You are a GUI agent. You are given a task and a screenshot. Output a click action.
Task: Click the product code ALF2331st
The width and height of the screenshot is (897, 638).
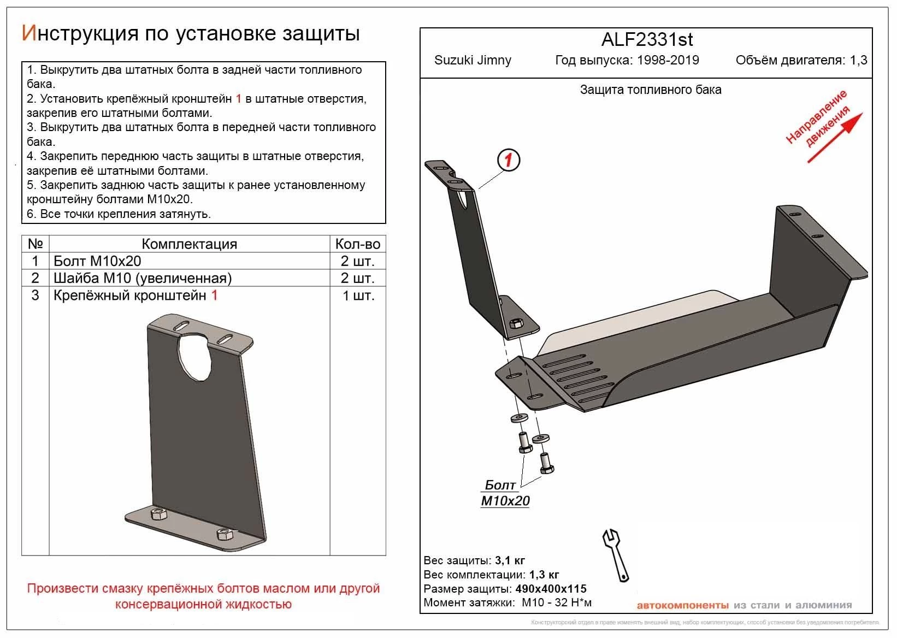tap(647, 40)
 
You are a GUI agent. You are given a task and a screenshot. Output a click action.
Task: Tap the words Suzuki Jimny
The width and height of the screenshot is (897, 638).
tap(473, 60)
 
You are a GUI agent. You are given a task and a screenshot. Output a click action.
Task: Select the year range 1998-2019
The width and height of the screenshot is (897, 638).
tap(668, 60)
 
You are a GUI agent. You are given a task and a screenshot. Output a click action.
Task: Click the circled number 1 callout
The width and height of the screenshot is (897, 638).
tap(508, 161)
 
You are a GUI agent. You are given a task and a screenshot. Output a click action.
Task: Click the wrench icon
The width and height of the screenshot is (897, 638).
tap(616, 554)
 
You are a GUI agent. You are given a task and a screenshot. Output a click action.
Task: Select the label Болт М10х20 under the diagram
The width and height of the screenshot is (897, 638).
tap(505, 493)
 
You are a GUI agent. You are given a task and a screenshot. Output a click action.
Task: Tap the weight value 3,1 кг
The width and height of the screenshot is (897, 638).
tap(510, 560)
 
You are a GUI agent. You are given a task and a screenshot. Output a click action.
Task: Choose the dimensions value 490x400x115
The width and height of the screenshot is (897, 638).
tap(551, 589)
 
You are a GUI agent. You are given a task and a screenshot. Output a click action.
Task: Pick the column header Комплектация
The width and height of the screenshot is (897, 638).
tap(189, 244)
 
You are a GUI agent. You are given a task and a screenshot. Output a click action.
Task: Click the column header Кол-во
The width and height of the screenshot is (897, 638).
tap(357, 244)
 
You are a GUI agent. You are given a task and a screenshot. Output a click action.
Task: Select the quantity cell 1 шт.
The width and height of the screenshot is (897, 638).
tap(358, 296)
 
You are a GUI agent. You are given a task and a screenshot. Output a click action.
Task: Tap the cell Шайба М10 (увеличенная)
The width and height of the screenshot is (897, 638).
tap(142, 278)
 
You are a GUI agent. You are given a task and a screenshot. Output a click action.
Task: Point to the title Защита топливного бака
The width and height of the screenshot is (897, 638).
tap(650, 90)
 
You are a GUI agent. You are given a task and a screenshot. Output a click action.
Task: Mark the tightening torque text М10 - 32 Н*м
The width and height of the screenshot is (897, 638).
tap(557, 603)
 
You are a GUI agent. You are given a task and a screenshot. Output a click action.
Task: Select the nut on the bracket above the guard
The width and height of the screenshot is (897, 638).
tap(515, 323)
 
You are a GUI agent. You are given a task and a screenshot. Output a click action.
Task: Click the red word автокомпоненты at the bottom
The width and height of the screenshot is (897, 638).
tap(682, 605)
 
